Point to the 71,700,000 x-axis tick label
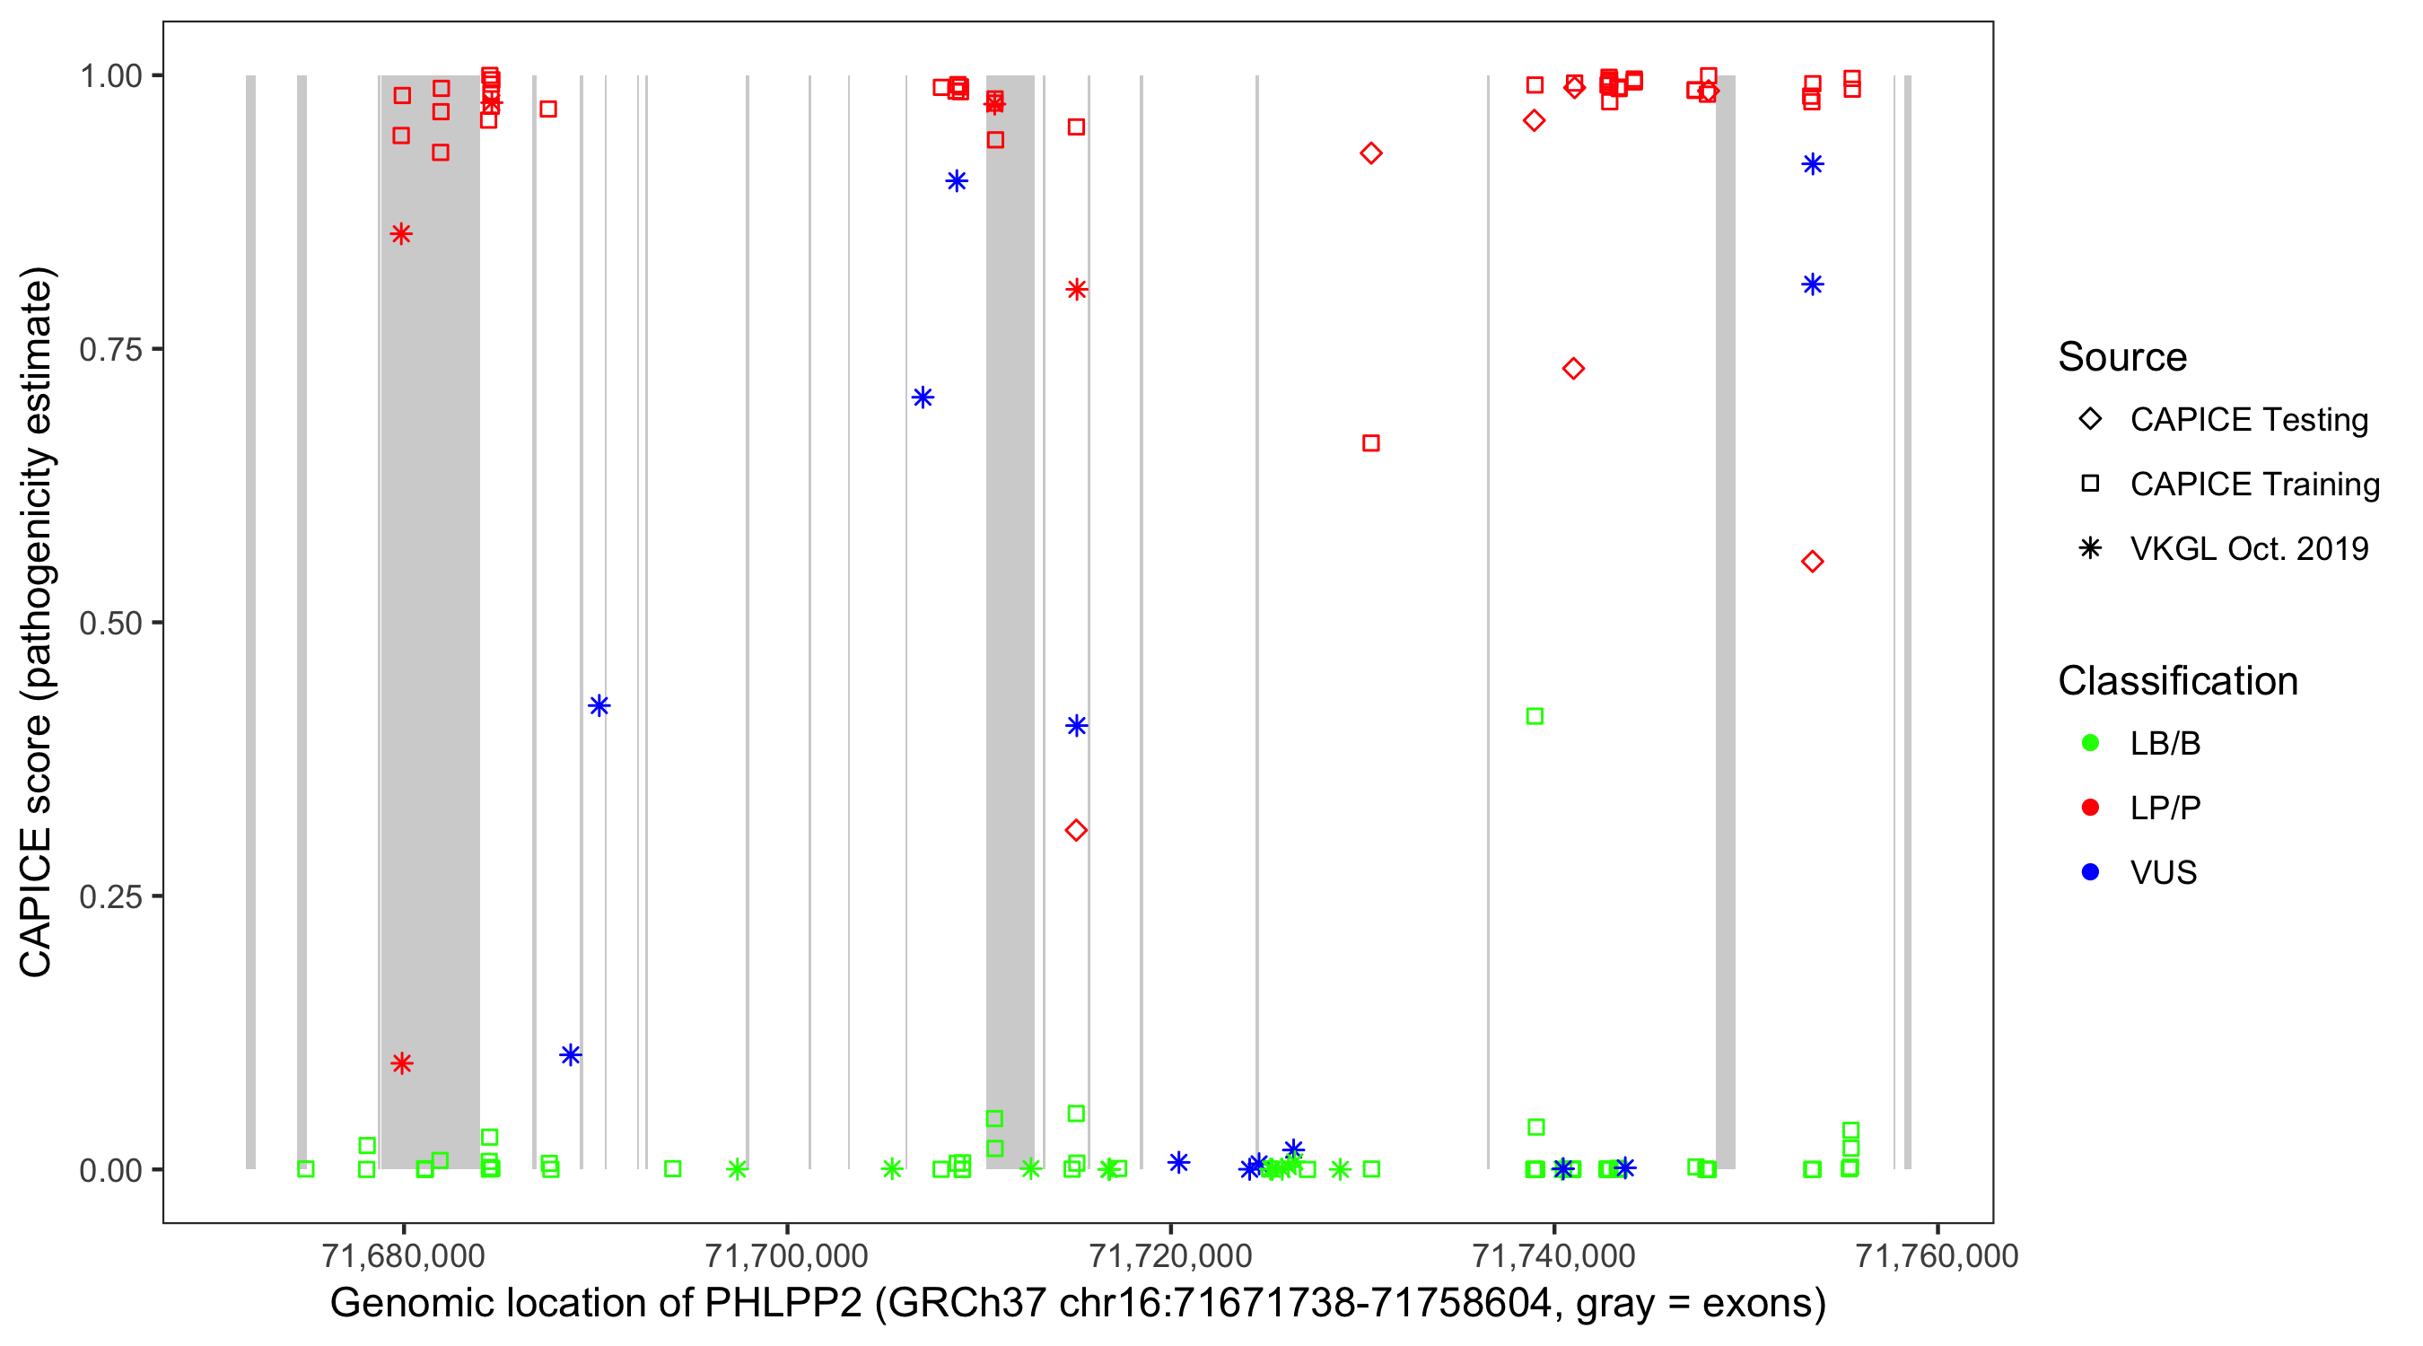(786, 1255)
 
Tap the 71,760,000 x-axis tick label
(1937, 1255)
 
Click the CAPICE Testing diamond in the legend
(2090, 420)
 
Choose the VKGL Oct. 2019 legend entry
(2248, 548)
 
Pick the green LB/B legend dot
(2090, 743)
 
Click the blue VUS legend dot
(2090, 872)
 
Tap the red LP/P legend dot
(2090, 808)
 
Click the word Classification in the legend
(2177, 681)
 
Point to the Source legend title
(2122, 357)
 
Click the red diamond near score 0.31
(1076, 830)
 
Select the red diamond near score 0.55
(1813, 562)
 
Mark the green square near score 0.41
(1535, 717)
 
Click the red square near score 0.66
(1371, 443)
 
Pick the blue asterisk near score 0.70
(923, 397)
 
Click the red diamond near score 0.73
(1572, 369)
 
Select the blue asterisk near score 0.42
(599, 705)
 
